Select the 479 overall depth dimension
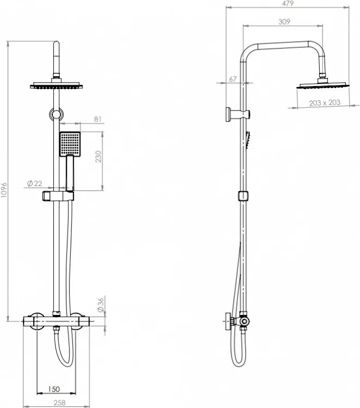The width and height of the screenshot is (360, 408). pyautogui.click(x=288, y=4)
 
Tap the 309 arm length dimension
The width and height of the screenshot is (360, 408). pyautogui.click(x=283, y=22)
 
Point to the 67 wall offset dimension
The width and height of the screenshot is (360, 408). pyautogui.click(x=233, y=79)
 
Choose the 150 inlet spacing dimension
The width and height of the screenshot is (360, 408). pyautogui.click(x=53, y=390)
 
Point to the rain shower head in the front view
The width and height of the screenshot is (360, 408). pyautogui.click(x=56, y=85)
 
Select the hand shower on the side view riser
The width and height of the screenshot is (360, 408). pyautogui.click(x=248, y=140)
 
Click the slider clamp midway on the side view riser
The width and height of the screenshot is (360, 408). pyautogui.click(x=243, y=196)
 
